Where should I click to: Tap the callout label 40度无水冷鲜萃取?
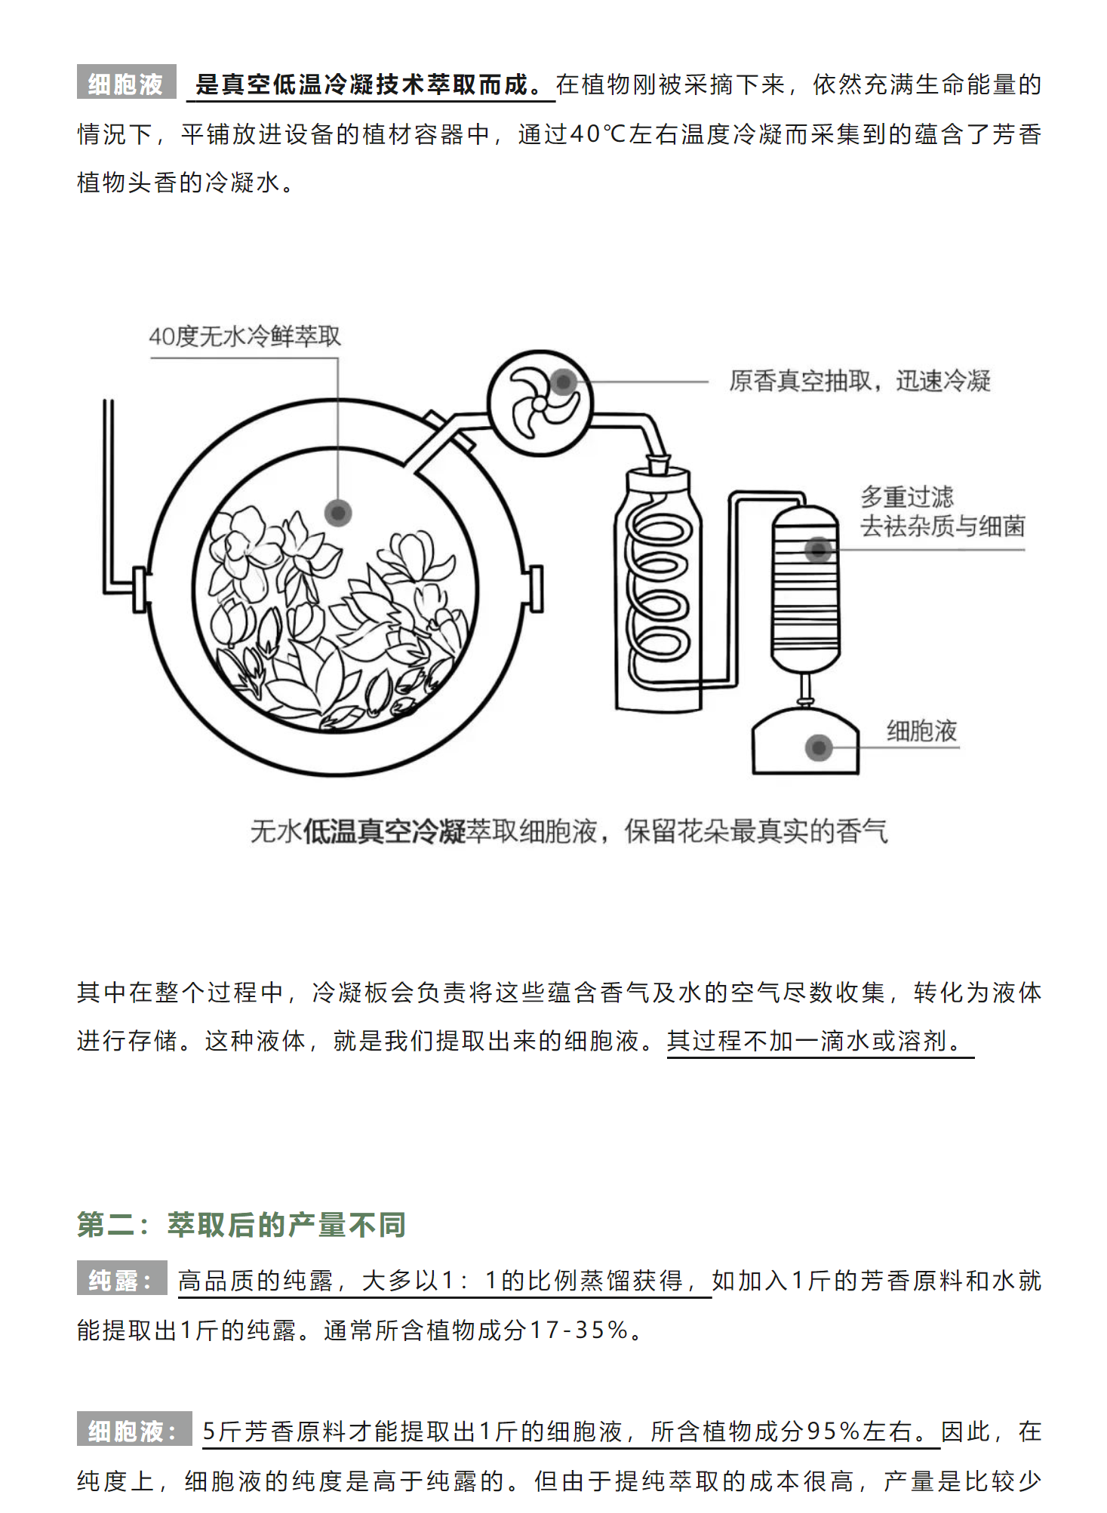coord(244,336)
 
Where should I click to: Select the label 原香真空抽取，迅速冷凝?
coord(859,381)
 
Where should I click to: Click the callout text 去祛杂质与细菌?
coord(942,526)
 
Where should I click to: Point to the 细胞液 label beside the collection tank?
coord(921,730)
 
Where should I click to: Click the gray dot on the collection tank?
coord(819,747)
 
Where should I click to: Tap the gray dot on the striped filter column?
coord(818,550)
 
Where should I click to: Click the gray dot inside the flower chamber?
coord(338,514)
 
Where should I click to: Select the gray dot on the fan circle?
coord(563,382)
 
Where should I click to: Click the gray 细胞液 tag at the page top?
coord(126,83)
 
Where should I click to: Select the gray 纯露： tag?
coord(121,1280)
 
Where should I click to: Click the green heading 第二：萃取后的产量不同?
coord(241,1224)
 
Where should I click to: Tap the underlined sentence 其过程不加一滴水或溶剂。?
coord(818,1041)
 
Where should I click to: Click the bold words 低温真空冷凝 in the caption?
coord(384,831)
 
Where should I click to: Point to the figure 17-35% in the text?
coord(579,1330)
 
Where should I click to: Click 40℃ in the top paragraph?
coord(597,133)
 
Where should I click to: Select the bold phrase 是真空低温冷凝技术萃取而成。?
coord(369,84)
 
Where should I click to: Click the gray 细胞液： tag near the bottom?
coord(134,1430)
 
